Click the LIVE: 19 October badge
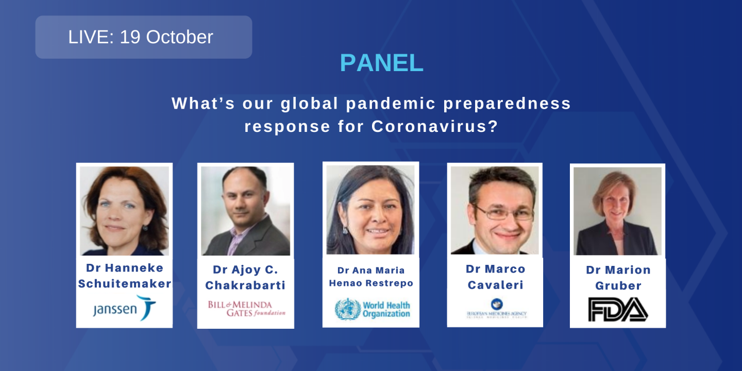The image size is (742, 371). [x=143, y=37]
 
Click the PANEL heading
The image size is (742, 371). [x=381, y=63]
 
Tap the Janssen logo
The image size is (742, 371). [x=124, y=308]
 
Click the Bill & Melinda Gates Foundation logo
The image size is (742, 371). [x=246, y=308]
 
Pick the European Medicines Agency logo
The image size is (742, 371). [x=496, y=309]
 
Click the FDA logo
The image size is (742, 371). [x=618, y=309]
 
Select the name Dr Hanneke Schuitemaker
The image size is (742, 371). [x=124, y=276]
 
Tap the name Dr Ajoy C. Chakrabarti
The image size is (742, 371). [x=245, y=277]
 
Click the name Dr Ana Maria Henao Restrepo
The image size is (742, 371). [x=371, y=277]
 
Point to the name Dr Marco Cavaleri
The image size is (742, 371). [x=495, y=277]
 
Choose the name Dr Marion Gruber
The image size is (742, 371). [x=618, y=278]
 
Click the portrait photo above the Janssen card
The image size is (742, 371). [x=124, y=210]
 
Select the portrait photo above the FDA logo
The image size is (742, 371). [x=617, y=211]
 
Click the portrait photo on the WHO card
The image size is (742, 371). [x=370, y=210]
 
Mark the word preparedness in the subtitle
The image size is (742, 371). [x=508, y=104]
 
